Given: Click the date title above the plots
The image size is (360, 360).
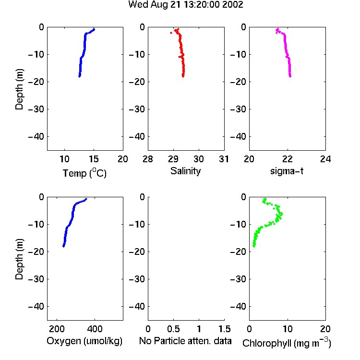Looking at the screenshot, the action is click(x=185, y=5).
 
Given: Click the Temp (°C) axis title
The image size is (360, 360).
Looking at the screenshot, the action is click(x=84, y=173).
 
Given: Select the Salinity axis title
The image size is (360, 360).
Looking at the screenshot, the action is click(x=185, y=171).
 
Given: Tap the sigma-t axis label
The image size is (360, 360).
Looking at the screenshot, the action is click(x=287, y=171).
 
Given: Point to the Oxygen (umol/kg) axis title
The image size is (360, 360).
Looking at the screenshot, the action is click(x=84, y=341).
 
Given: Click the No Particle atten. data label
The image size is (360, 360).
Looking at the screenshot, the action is click(x=185, y=341).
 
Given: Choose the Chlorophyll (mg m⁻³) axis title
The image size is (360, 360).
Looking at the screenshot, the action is click(x=287, y=343).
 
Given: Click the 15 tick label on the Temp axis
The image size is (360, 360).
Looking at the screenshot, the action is click(x=94, y=159).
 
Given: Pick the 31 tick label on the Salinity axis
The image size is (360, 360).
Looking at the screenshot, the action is click(x=224, y=159).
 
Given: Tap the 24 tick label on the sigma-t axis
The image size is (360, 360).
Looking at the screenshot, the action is click(x=325, y=159).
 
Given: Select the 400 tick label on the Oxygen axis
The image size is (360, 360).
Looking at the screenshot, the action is click(x=95, y=329).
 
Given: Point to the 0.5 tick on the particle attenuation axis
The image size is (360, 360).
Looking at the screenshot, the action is click(x=173, y=329).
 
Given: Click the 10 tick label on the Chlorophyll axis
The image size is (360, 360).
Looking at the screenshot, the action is click(x=288, y=329).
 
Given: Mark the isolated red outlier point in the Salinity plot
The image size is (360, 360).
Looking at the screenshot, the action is click(x=171, y=33).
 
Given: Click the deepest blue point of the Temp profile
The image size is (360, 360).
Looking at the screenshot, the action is click(x=79, y=76).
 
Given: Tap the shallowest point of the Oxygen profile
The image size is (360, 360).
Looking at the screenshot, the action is click(x=86, y=199).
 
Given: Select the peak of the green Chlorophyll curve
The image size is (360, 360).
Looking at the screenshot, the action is click(x=281, y=214).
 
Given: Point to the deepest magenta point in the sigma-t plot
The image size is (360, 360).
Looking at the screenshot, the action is click(x=290, y=76).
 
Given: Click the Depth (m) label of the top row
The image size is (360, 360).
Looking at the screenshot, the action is click(x=19, y=89).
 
